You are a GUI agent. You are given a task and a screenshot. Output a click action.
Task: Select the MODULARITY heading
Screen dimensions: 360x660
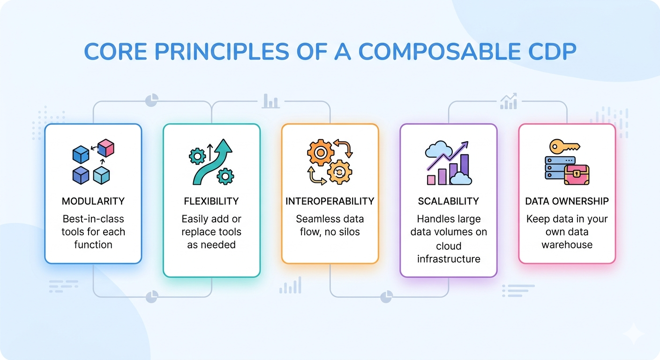click(93, 201)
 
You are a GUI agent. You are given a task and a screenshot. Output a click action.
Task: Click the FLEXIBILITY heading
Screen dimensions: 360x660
click(211, 201)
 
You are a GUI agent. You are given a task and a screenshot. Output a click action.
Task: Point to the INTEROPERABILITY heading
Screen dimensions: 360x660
click(330, 201)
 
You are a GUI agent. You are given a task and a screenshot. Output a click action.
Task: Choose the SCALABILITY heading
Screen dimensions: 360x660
click(448, 201)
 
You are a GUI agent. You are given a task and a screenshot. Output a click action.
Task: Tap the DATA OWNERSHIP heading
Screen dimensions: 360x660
click(567, 201)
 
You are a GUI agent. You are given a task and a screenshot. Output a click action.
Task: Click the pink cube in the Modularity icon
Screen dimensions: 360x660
click(106, 148)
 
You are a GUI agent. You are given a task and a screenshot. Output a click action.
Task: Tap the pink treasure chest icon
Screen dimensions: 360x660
click(577, 174)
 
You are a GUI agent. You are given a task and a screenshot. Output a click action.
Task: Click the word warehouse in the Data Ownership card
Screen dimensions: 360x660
click(567, 245)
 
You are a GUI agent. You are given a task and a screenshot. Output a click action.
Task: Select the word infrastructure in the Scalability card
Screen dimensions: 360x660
click(449, 259)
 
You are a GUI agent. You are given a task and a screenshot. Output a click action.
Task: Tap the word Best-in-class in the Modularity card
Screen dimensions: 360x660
click(93, 219)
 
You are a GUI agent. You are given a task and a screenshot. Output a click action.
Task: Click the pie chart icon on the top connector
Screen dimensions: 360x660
click(151, 100)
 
